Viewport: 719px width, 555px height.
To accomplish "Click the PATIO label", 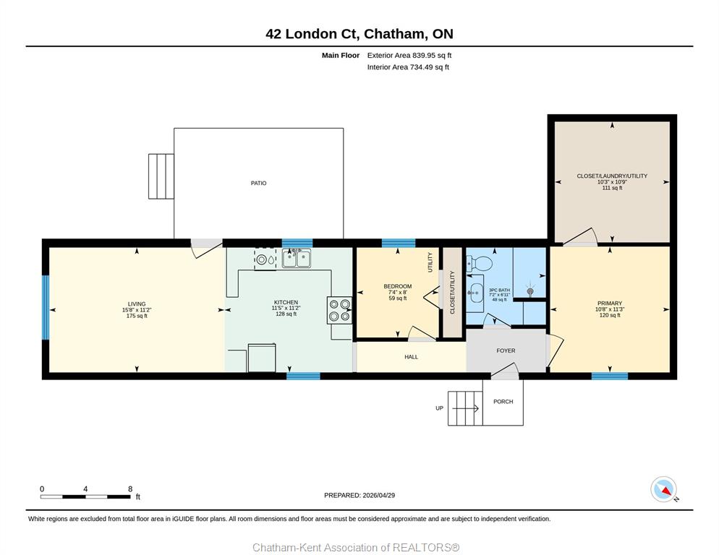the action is tap(259, 183).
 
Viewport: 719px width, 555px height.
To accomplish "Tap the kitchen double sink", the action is tap(297, 259).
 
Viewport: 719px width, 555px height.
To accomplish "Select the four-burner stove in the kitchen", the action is tap(339, 310).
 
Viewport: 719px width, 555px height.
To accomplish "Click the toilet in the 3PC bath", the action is tap(479, 263).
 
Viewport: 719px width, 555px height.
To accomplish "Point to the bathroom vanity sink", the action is tap(475, 290).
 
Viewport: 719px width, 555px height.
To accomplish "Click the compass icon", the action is tap(664, 489).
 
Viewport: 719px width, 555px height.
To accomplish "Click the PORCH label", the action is tap(503, 402).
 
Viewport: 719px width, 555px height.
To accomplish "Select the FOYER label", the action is tap(506, 350).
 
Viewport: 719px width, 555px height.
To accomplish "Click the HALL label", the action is tap(412, 357).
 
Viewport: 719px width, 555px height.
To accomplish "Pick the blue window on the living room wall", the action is tap(46, 307).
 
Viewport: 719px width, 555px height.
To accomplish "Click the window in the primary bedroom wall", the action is tap(609, 377).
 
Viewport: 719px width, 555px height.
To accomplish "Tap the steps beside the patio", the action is tap(161, 176).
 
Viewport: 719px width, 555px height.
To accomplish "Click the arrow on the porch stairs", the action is tap(465, 408).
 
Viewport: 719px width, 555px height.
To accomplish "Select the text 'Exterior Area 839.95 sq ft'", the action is tap(409, 56).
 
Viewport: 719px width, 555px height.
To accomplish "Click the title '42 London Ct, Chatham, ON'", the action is tap(359, 34).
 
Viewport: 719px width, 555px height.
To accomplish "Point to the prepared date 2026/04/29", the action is tap(359, 496).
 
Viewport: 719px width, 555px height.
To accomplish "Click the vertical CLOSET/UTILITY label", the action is tap(452, 293).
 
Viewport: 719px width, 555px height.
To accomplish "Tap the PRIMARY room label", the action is tap(609, 304).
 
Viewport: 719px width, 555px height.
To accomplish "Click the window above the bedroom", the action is tap(399, 243).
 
